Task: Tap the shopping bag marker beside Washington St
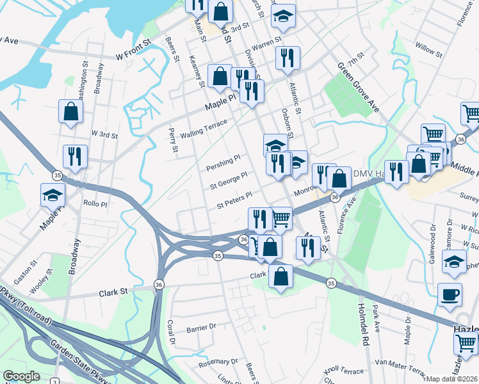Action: pos(70,111)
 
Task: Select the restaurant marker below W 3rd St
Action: pos(75,156)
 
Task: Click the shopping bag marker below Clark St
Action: pos(280,276)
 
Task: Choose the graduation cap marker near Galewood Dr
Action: pos(454,263)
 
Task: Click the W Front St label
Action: pos(133,56)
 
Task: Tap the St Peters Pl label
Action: pos(234,200)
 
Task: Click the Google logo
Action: pos(21,376)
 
